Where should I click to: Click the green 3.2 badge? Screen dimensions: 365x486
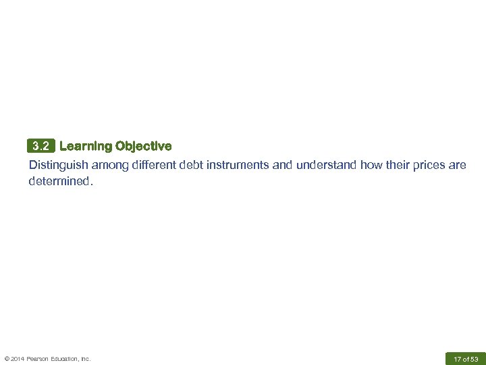(x=41, y=146)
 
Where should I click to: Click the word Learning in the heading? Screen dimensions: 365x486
(x=86, y=146)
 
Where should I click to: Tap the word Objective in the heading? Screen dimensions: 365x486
(x=143, y=146)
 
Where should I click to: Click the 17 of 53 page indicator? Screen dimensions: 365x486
(x=466, y=359)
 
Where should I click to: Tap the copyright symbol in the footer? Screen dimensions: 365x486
(x=7, y=359)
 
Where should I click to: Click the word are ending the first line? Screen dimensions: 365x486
(x=458, y=165)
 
